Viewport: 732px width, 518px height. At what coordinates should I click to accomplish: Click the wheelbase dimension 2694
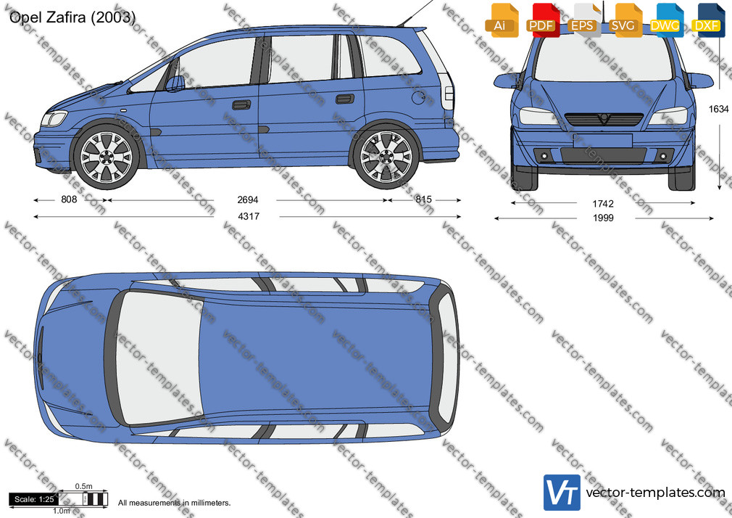[247, 200]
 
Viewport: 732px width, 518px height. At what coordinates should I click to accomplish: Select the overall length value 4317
[249, 216]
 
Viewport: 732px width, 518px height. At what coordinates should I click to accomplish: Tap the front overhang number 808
[69, 200]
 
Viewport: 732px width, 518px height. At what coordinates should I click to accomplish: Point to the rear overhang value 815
[423, 200]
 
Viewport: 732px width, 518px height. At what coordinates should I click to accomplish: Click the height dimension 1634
[718, 109]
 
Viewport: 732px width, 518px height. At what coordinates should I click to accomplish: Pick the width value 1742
[603, 203]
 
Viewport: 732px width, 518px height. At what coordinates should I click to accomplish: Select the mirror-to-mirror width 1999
[603, 218]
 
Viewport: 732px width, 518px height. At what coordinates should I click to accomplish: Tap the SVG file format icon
[625, 20]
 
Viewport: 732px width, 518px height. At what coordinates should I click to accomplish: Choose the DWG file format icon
[667, 20]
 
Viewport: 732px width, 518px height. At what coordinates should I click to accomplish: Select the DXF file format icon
[708, 20]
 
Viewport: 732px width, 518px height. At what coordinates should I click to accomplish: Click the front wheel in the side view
[107, 157]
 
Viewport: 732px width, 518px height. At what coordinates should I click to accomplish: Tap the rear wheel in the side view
[386, 157]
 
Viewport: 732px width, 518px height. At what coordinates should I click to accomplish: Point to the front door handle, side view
[241, 104]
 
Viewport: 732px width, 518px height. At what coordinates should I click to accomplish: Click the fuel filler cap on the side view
[419, 97]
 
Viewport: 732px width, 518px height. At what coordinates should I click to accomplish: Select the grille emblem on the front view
[604, 119]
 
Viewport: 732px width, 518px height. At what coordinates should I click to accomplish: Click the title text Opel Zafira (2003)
[72, 17]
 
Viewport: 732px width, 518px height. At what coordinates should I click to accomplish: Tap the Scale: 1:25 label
[34, 499]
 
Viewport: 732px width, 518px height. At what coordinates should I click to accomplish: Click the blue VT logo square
[562, 493]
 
